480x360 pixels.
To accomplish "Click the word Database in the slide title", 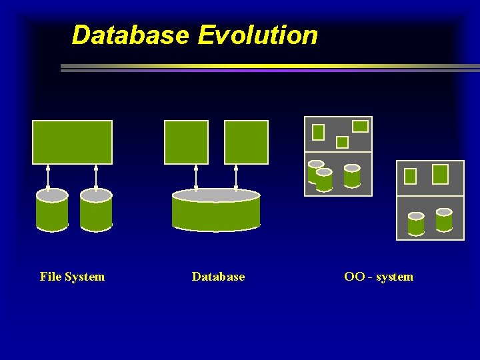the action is coord(130,35).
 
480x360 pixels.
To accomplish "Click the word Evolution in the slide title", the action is coord(257,35).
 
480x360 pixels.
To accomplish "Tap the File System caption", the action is coord(72,277).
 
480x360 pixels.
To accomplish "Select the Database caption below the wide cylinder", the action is coord(218,277).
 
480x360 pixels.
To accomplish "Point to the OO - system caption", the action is coord(379,277).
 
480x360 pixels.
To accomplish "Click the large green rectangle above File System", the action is coord(72,142).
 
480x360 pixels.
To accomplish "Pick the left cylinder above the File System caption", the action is coord(52,211).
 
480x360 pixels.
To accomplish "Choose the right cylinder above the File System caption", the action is coord(96,211).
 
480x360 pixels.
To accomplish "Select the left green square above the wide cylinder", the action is coord(186,142).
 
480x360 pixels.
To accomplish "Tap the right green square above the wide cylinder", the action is coord(246,142).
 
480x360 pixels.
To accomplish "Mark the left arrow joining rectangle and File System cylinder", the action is coord(48,177).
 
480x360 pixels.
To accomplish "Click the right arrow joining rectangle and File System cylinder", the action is coord(96,177).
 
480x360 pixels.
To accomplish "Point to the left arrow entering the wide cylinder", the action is coord(196,177).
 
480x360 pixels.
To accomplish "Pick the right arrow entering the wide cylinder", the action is coord(236,177).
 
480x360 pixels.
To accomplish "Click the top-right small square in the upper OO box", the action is coord(360,126).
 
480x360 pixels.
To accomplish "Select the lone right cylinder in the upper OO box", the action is coord(352,176).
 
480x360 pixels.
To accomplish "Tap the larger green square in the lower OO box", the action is coord(441,174).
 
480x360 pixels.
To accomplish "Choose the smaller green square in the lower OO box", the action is coord(411,176).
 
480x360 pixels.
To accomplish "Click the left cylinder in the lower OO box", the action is coord(416,224).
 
